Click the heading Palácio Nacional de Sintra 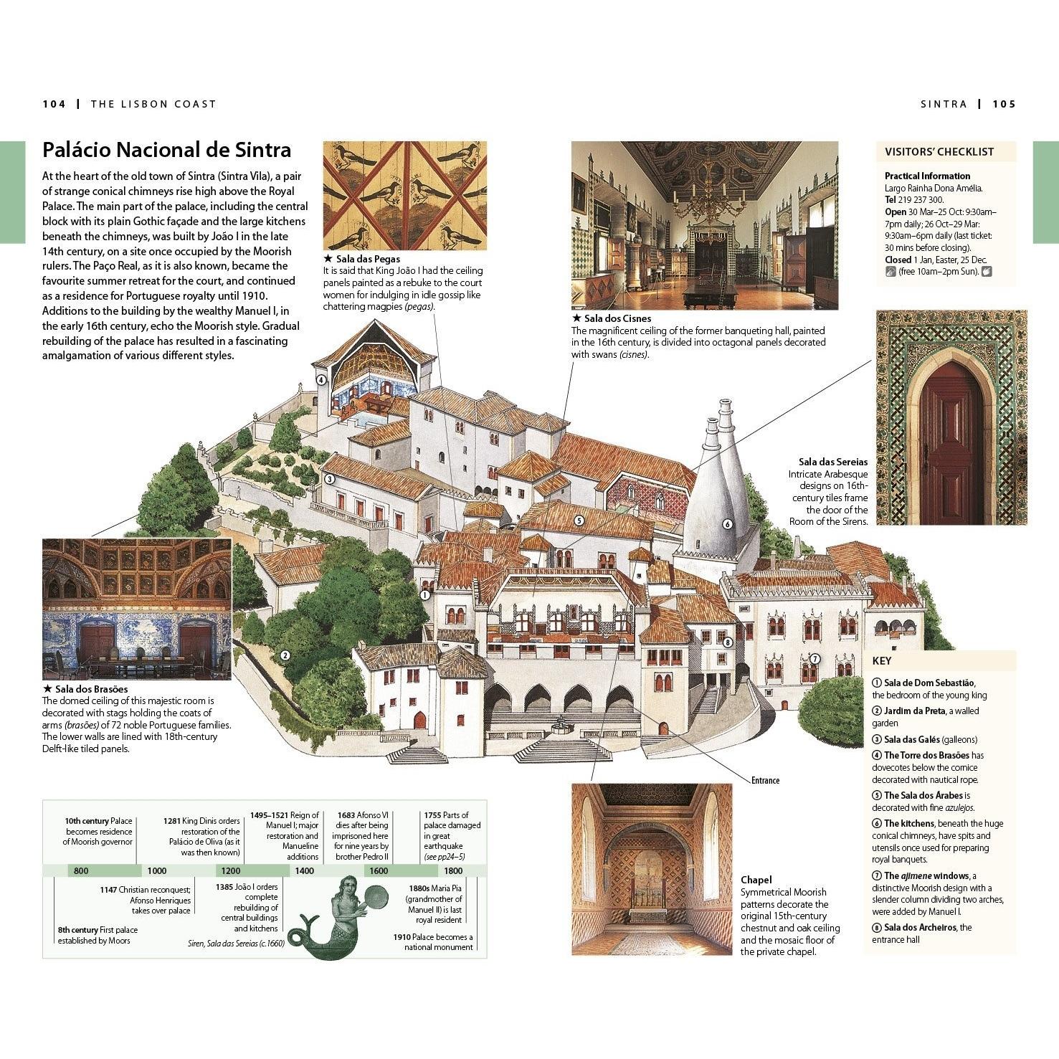[x=166, y=150]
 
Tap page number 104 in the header [x=54, y=104]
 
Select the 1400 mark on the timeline [x=304, y=871]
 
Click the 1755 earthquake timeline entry [x=452, y=835]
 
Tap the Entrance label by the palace [x=765, y=781]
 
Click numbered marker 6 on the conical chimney [x=727, y=524]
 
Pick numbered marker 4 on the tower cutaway [x=321, y=381]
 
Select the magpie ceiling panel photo [x=404, y=196]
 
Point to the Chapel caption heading [x=756, y=880]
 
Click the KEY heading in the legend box [x=882, y=660]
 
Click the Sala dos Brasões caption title [x=85, y=689]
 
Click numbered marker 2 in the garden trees [x=285, y=655]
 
